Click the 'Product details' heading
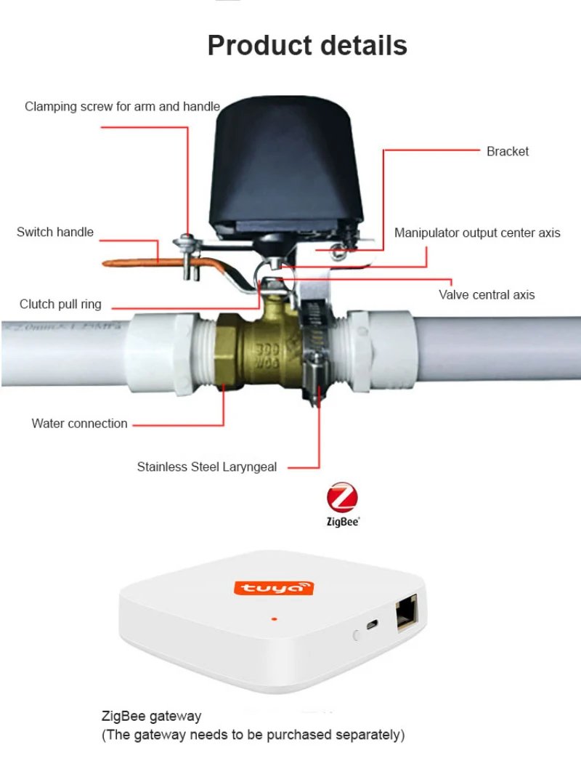pos(307,46)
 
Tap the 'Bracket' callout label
pos(507,151)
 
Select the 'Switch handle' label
pos(55,232)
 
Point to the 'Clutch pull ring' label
pos(60,304)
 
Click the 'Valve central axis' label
pos(487,295)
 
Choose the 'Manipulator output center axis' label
pos(477,233)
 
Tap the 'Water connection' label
pos(80,424)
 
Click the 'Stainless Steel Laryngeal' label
pos(207,467)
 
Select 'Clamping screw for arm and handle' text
pos(122,106)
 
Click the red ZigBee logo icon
pos(342,497)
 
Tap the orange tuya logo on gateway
pos(273,588)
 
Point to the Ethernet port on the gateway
pos(407,613)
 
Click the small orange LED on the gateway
pos(275,618)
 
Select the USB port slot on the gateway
pos(372,624)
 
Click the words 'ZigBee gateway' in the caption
pos(151,716)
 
